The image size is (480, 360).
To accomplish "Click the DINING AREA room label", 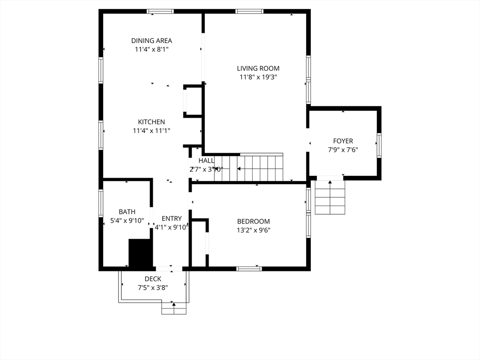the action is point(151,41).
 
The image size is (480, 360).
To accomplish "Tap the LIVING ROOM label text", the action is point(258,68).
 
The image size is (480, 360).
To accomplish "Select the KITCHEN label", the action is point(151,122).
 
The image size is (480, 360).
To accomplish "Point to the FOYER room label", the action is point(343,141).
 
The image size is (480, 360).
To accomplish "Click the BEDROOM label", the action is point(254,222).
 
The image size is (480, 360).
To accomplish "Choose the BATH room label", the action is point(127,212).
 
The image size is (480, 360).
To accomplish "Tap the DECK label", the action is point(153,279).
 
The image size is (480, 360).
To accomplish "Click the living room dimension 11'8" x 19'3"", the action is point(258,77).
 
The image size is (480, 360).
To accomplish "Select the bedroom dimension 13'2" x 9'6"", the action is point(254,230).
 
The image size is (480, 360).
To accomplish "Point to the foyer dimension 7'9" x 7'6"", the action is point(343,150).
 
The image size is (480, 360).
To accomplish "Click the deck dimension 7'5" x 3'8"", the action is point(153,288).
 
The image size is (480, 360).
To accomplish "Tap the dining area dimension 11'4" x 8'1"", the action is point(151,49).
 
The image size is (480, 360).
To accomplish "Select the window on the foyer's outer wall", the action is point(379,145).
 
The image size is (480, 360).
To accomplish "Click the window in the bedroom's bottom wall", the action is point(249,269).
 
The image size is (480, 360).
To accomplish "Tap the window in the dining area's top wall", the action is point(160,12).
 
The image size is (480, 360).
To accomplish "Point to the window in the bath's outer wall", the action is point(101,203).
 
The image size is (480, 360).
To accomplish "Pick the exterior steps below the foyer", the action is point(330,197).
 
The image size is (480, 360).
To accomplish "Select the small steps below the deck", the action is point(174,308).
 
